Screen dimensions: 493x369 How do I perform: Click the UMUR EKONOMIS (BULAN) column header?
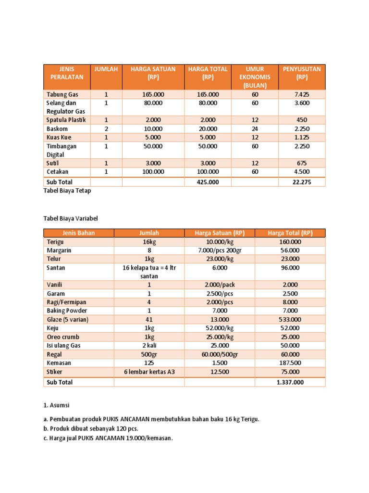coord(255,77)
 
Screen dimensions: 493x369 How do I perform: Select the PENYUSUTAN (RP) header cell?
coord(302,73)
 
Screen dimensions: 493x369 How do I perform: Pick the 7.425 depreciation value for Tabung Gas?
coord(302,94)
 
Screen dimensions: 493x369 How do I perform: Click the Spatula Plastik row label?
coord(66,120)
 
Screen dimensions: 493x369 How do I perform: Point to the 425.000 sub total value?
coord(208,182)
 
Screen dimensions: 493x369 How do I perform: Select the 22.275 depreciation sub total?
coord(302,182)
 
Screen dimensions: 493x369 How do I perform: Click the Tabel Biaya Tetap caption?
coord(67,191)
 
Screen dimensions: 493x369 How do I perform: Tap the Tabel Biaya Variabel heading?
coord(71,218)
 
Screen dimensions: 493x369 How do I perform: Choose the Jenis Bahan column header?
coord(79,233)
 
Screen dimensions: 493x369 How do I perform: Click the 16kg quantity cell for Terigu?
coord(149,242)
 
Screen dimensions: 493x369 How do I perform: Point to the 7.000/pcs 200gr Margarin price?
coord(220,250)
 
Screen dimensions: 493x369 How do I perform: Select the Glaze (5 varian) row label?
coord(68,319)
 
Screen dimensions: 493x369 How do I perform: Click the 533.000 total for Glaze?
coord(290,319)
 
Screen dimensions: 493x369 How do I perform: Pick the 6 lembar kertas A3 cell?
coord(149,372)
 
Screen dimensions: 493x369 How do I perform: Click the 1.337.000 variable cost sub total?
coord(290,382)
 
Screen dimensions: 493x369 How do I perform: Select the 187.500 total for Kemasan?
coord(290,363)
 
